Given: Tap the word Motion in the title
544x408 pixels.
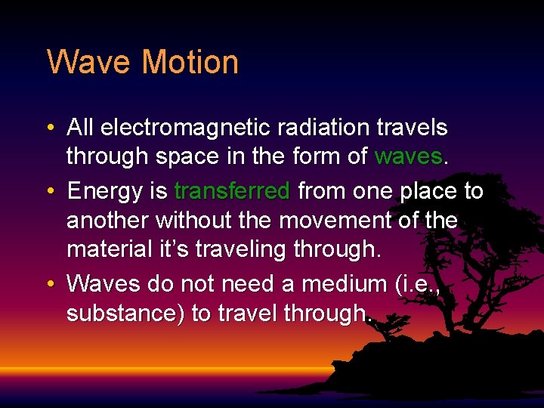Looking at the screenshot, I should [190, 62].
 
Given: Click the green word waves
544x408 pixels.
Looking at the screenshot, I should [409, 156].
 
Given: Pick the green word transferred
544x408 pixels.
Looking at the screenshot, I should [232, 191].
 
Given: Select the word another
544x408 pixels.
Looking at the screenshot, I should [108, 221].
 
